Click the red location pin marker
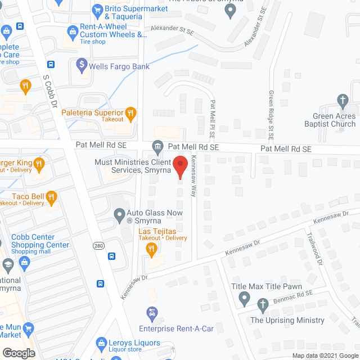[x=179, y=167]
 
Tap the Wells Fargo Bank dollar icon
[x=82, y=66]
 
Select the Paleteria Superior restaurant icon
[x=130, y=113]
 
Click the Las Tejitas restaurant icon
[x=151, y=248]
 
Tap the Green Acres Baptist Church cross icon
[x=341, y=101]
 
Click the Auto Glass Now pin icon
[x=119, y=214]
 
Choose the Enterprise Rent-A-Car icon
[x=151, y=313]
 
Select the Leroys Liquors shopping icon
[x=101, y=341]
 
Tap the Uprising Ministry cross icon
[x=262, y=305]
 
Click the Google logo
[x=19, y=353]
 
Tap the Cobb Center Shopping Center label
[x=40, y=241]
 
